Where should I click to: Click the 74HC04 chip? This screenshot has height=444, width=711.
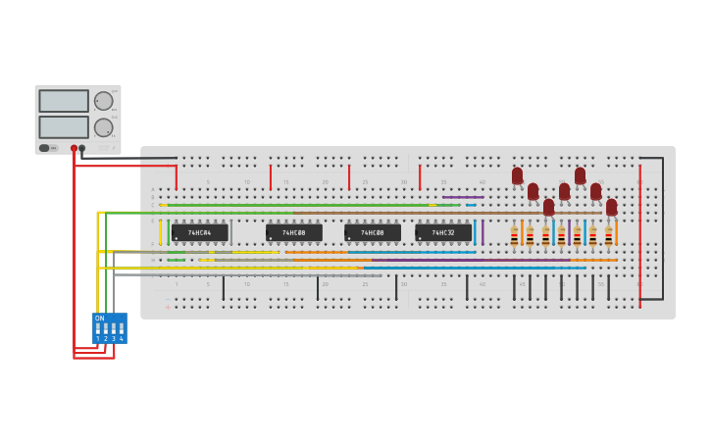click(200, 233)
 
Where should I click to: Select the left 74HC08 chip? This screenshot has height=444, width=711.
click(294, 233)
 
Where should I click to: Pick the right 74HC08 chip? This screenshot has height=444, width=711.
click(373, 233)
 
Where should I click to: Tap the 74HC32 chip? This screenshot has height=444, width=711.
click(443, 233)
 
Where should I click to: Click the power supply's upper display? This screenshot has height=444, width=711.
click(64, 101)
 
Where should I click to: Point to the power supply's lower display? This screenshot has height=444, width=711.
click(64, 126)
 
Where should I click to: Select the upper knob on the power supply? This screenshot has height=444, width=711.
click(103, 101)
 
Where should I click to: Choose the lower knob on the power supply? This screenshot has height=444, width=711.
click(103, 126)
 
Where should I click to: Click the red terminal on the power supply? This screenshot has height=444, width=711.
click(74, 148)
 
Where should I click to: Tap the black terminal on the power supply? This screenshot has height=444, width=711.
click(82, 148)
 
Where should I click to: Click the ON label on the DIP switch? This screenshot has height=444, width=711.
click(99, 318)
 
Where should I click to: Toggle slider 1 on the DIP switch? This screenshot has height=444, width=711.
click(98, 328)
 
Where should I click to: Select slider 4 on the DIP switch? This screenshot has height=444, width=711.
click(122, 328)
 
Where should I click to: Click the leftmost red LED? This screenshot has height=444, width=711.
click(517, 175)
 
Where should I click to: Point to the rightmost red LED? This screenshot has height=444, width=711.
click(611, 207)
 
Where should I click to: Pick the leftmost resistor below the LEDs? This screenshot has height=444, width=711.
click(514, 236)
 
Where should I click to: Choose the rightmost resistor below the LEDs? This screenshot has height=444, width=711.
click(608, 236)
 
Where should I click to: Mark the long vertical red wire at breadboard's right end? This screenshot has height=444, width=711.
click(640, 235)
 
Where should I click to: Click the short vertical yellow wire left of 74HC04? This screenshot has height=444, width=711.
click(161, 232)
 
